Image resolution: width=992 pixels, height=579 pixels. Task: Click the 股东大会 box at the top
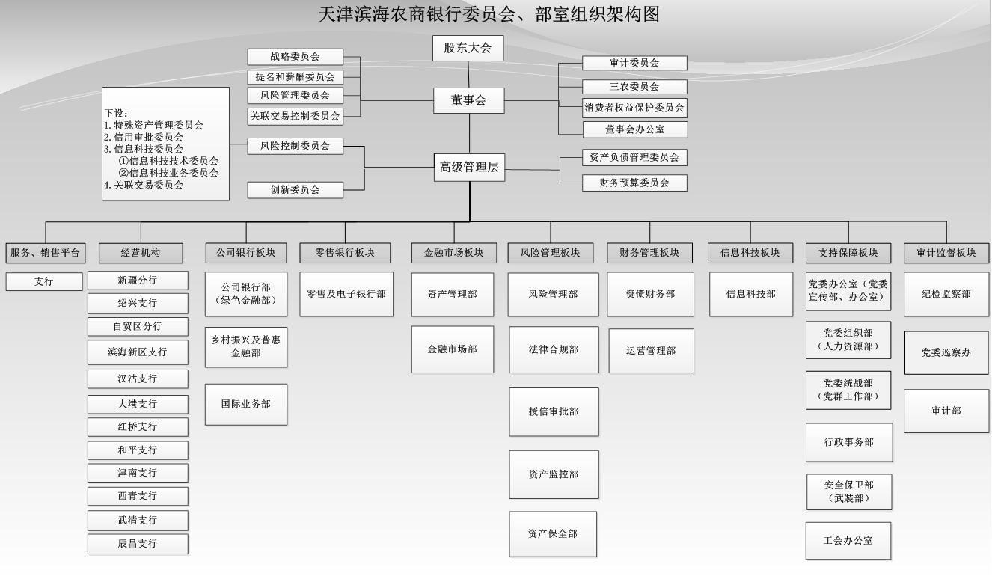point(468,48)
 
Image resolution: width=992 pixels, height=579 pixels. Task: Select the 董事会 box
point(468,101)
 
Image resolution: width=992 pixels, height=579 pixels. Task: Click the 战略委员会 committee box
point(295,57)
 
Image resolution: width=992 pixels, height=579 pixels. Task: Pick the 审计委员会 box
point(634,64)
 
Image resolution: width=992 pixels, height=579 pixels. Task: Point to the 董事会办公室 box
point(634,129)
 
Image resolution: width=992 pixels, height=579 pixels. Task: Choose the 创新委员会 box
point(295,190)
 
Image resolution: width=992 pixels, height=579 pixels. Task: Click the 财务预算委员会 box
point(634,182)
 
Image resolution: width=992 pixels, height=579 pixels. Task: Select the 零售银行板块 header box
point(345,253)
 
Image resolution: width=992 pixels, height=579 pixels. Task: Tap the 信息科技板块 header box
point(750,253)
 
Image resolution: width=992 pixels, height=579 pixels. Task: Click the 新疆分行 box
point(138,280)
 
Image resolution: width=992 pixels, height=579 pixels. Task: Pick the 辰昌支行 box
point(138,544)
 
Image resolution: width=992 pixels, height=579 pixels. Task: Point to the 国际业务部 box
point(245,404)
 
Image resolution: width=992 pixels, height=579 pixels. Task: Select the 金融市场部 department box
point(452,349)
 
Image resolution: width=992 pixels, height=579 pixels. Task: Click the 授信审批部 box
point(554,412)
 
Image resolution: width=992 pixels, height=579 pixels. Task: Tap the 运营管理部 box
point(650,351)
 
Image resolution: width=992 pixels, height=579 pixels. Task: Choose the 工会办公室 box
point(848,541)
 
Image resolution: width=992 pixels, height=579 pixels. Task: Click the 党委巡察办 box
point(946,352)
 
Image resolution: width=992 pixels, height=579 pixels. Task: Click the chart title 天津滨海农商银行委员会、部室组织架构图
point(489,14)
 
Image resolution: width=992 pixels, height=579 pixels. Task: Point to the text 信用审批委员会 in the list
point(147,138)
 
